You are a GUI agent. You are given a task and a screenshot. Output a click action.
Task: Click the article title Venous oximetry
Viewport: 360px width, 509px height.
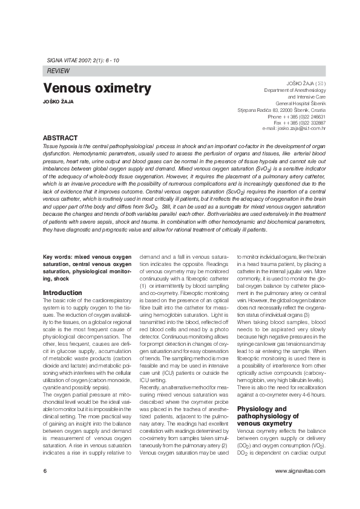[x=97, y=89]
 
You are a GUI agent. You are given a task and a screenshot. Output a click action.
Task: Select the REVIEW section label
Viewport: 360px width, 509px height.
[x=57, y=71]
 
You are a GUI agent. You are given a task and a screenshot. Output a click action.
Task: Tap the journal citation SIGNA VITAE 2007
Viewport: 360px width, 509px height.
[x=82, y=61]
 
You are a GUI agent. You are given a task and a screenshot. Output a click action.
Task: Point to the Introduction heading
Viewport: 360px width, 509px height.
[x=62, y=293]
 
